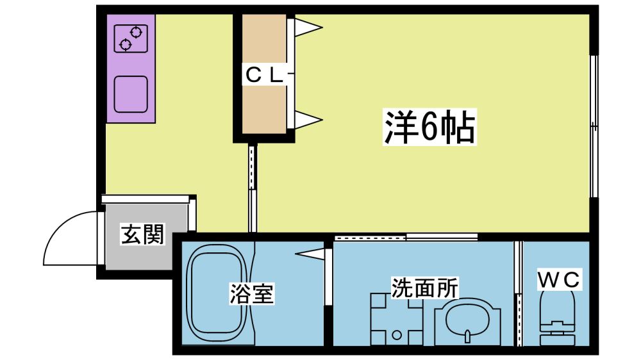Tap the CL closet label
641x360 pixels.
pyautogui.click(x=263, y=76)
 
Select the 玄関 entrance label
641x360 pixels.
pyautogui.click(x=142, y=235)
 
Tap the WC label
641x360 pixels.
pyautogui.click(x=558, y=279)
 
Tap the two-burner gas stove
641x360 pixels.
pyautogui.click(x=131, y=38)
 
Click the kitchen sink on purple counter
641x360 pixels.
pyautogui.click(x=131, y=94)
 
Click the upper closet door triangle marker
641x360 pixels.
pyautogui.click(x=308, y=28)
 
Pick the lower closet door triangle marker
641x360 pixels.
pyautogui.click(x=308, y=119)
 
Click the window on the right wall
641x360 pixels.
pyautogui.click(x=594, y=126)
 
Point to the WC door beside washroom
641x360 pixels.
pyautogui.click(x=519, y=293)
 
